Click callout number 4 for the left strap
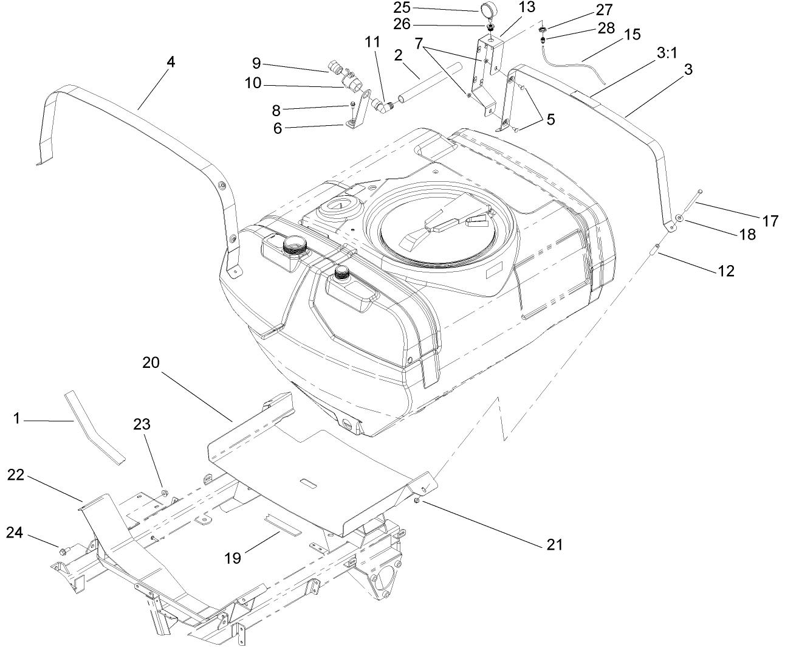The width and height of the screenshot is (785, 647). click(x=171, y=62)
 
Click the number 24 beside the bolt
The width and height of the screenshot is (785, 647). click(x=16, y=533)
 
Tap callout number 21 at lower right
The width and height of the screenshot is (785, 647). click(x=555, y=544)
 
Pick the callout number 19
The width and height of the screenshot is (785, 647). click(x=233, y=557)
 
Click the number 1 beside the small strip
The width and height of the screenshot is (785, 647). click(x=17, y=418)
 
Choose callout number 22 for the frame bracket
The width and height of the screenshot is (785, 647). click(x=17, y=475)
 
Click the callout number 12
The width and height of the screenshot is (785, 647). click(x=725, y=271)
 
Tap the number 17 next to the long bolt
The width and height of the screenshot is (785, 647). click(x=770, y=221)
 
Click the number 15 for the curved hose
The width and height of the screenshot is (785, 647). click(x=632, y=34)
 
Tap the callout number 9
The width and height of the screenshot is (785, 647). click(x=256, y=63)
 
